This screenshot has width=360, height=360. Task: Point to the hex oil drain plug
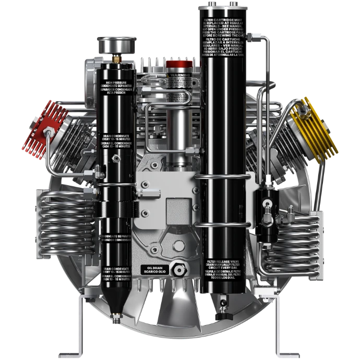click(179, 270)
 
